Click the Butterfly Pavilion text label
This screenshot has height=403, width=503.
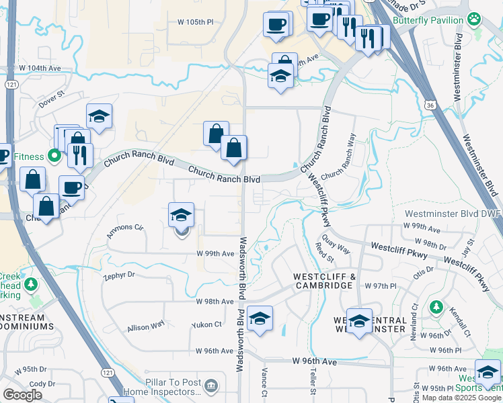428,21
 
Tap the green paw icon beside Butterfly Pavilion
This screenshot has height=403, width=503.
475,19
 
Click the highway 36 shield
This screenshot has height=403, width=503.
430,105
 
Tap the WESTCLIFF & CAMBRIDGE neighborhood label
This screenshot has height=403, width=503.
323,281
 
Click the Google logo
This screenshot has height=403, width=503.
22,395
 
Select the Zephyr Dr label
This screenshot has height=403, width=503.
119,275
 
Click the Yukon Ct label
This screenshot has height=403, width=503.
206,324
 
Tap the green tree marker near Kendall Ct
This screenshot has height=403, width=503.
436,308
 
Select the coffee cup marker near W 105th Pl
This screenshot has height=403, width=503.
276,25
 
